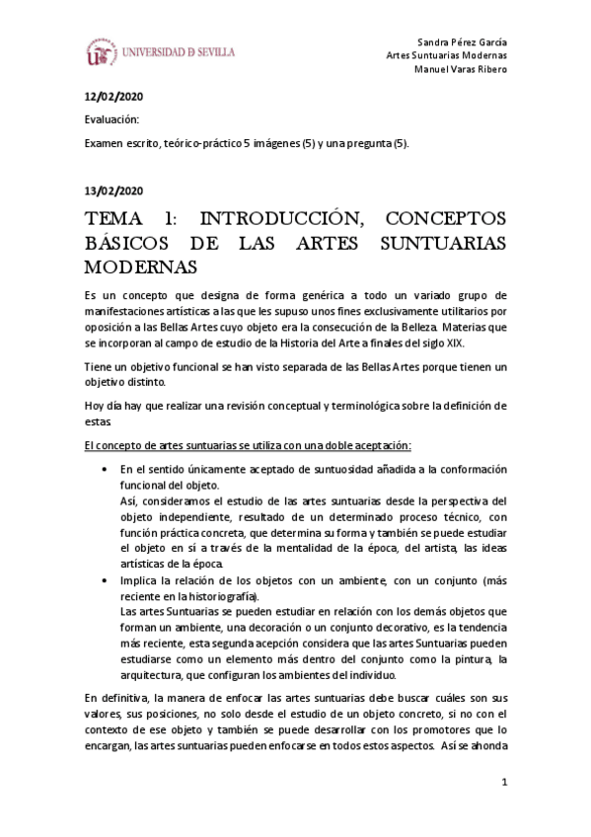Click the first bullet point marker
click(x=105, y=470)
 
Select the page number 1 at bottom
click(x=503, y=784)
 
